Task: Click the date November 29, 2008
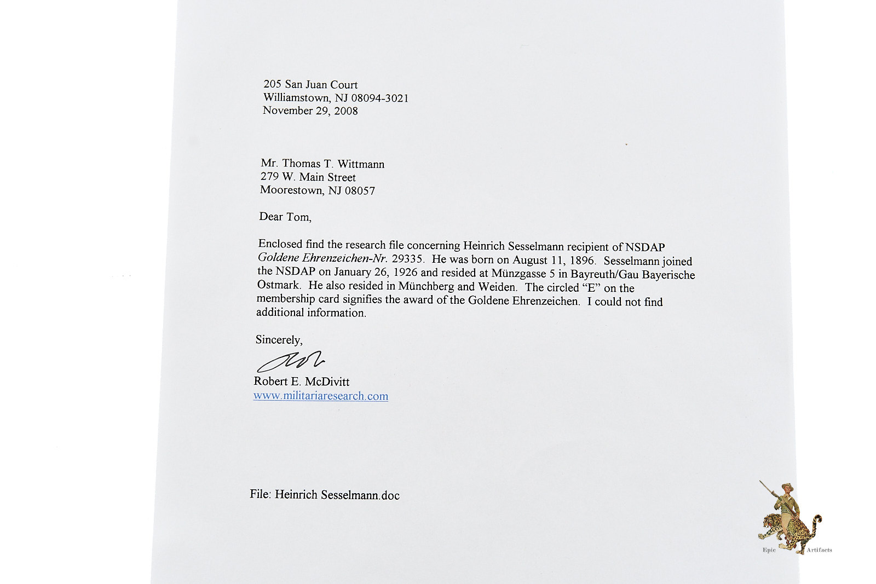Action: point(310,111)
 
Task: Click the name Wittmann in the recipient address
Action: point(361,164)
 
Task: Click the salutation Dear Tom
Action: point(285,217)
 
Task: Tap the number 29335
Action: point(408,259)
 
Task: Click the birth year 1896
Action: point(581,261)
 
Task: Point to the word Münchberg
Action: point(426,286)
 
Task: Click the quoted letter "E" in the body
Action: point(591,288)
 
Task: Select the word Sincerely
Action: point(279,340)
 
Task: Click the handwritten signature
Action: point(290,361)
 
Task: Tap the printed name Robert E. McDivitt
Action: point(301,381)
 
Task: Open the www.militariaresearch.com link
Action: point(320,396)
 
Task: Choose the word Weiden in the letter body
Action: point(497,287)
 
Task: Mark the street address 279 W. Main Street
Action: point(308,177)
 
